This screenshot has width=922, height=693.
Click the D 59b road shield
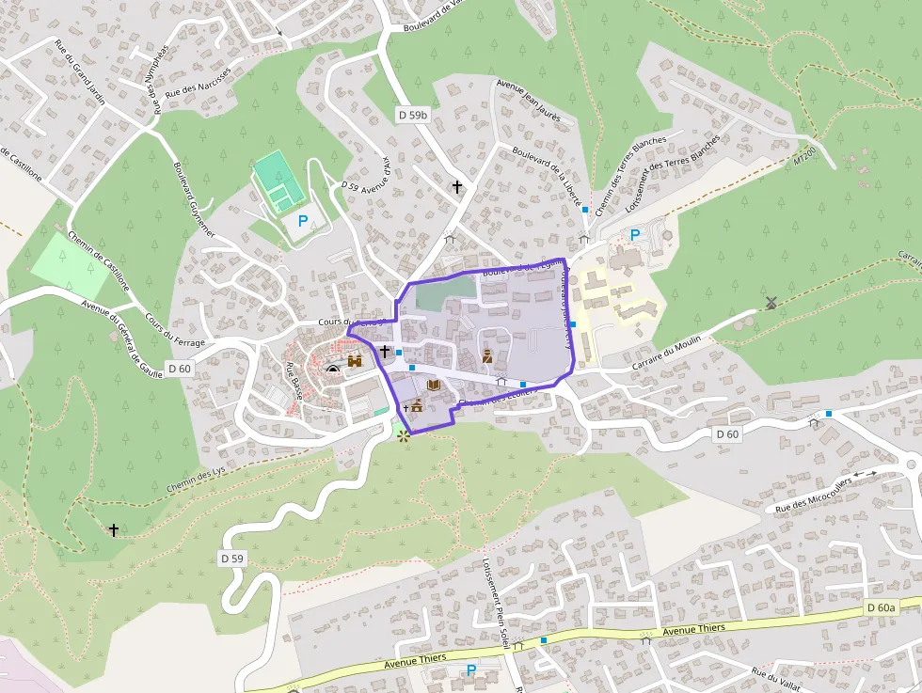(412, 115)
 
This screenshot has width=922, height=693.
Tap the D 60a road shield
(881, 607)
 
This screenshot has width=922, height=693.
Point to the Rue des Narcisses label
(198, 83)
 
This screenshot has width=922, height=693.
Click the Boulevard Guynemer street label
(195, 201)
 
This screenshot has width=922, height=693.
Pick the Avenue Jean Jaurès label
(529, 102)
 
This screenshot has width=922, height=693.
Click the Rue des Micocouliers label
(813, 494)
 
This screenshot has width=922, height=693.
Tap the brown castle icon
(355, 360)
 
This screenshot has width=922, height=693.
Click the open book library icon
(434, 385)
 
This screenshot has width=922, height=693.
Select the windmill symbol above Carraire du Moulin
(771, 303)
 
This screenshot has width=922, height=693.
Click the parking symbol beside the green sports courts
(303, 222)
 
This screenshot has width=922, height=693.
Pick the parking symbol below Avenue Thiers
(471, 670)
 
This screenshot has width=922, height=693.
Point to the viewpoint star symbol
(405, 435)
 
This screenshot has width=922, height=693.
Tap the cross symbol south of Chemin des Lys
(114, 530)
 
